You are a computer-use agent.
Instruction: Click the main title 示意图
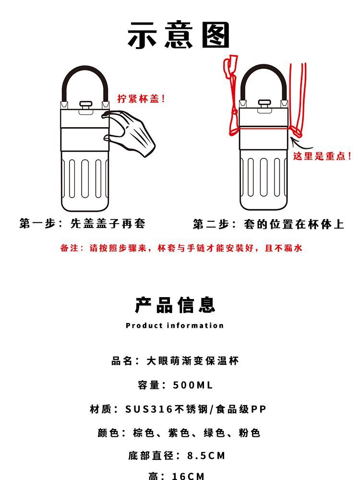[179, 35]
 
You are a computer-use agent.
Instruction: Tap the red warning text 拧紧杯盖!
[142, 98]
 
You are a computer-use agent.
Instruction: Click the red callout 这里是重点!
[322, 156]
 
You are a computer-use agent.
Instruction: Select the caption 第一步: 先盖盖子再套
[82, 223]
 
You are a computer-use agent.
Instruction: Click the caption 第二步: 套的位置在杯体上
[268, 224]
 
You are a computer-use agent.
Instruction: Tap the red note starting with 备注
[181, 248]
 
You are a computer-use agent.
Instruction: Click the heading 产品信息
[175, 305]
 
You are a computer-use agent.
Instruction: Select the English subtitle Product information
[175, 325]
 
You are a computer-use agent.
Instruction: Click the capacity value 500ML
[192, 385]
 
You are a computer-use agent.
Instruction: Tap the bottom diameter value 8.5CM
[206, 456]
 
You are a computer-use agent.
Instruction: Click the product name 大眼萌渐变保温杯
[192, 360]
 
